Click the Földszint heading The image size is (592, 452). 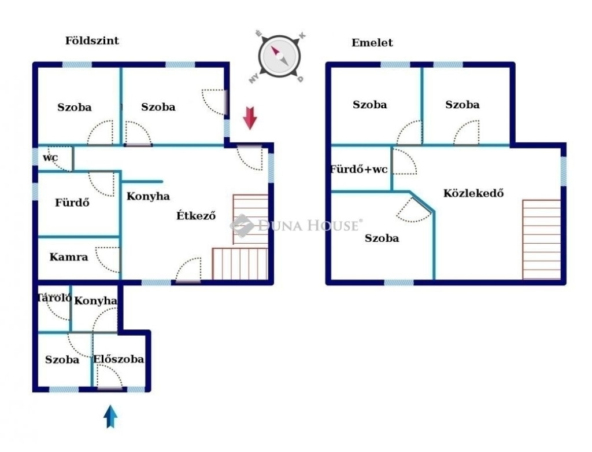click(x=92, y=41)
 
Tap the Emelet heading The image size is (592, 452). click(x=372, y=43)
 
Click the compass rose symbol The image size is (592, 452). click(x=279, y=57)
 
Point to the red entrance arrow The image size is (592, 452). click(x=250, y=118)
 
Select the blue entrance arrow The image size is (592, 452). click(x=110, y=417)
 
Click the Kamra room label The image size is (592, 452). click(x=69, y=257)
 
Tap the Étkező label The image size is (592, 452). click(x=196, y=215)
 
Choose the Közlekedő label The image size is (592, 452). click(x=473, y=193)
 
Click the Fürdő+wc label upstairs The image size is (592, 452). click(x=358, y=169)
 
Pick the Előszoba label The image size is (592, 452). click(x=119, y=359)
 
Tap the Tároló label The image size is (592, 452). click(x=54, y=298)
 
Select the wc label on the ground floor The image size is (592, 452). click(x=50, y=157)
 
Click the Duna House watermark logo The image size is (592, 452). click(x=296, y=226)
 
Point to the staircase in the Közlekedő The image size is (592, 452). click(x=541, y=239)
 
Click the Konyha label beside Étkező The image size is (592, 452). click(x=148, y=196)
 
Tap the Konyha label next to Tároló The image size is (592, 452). click(x=95, y=300)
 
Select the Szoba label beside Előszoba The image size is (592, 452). click(x=62, y=359)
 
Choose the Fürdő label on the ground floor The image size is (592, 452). click(x=72, y=203)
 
